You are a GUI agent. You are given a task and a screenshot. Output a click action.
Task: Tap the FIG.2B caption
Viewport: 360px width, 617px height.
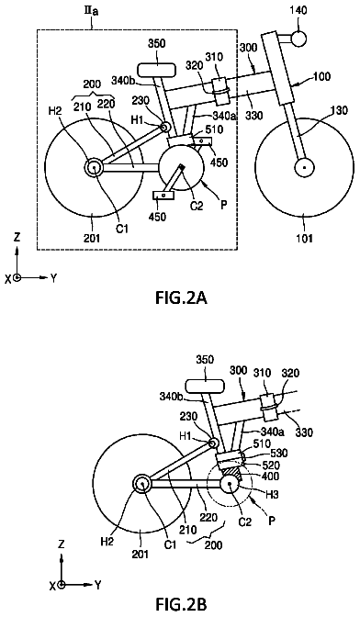pyautogui.click(x=181, y=603)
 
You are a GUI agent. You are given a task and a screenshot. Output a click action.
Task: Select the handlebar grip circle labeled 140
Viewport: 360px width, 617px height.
pyautogui.click(x=298, y=39)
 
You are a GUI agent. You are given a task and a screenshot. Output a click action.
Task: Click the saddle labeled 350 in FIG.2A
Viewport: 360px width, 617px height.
pyautogui.click(x=157, y=70)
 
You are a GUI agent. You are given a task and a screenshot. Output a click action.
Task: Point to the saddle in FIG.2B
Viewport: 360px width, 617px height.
pyautogui.click(x=205, y=387)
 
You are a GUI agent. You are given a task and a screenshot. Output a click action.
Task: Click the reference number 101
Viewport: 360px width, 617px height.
pyautogui.click(x=305, y=237)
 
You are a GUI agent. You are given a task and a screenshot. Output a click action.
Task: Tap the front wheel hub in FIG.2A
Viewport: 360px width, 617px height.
pyautogui.click(x=304, y=168)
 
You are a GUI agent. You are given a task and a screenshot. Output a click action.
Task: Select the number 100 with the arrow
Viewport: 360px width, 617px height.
pyautogui.click(x=324, y=75)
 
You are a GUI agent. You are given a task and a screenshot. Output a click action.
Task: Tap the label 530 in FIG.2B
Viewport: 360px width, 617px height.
pyautogui.click(x=280, y=453)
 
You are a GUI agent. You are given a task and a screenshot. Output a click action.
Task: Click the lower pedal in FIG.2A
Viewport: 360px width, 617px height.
pyautogui.click(x=163, y=196)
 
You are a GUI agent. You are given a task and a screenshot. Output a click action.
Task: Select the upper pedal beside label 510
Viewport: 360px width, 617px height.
pyautogui.click(x=202, y=140)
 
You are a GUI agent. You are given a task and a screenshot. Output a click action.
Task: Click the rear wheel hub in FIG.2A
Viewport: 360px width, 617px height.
pyautogui.click(x=95, y=167)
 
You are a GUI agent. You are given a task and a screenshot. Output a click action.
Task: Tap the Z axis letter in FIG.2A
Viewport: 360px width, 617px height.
pyautogui.click(x=17, y=238)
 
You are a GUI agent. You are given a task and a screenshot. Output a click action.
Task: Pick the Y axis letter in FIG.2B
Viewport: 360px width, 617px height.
pyautogui.click(x=98, y=585)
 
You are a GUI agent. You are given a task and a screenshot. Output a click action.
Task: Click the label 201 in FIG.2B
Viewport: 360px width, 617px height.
pyautogui.click(x=141, y=554)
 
